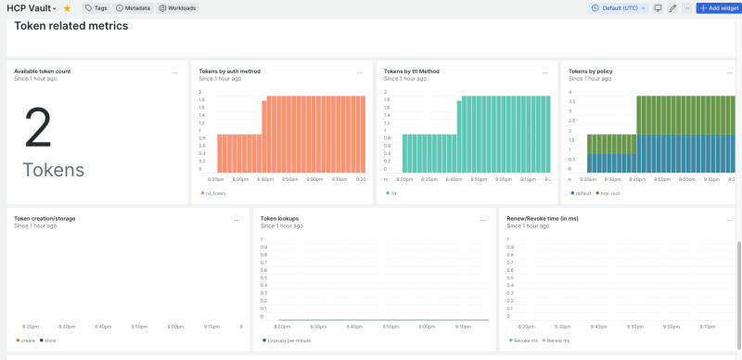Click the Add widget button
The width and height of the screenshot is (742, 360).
[x=718, y=7]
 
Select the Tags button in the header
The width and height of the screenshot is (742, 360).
[x=96, y=7]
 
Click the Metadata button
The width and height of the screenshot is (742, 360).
[x=133, y=7]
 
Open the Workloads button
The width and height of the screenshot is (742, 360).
[x=176, y=7]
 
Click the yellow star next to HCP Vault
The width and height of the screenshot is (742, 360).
[x=67, y=7]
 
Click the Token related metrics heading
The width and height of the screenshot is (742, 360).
[x=71, y=26]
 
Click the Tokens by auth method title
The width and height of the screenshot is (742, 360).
[x=229, y=71]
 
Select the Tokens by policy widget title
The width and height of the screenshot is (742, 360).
[x=590, y=71]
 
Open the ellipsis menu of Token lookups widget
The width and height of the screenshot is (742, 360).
[x=483, y=220]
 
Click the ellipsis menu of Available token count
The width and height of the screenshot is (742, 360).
[x=174, y=71]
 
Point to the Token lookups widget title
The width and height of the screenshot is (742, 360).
[x=279, y=219]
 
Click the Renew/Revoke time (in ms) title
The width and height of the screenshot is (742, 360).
[x=543, y=219]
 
